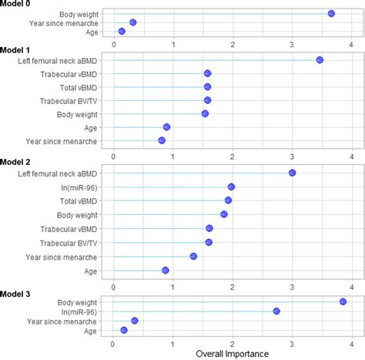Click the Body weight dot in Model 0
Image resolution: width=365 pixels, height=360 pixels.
pyautogui.click(x=331, y=14)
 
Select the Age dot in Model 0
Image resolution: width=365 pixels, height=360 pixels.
pyautogui.click(x=122, y=31)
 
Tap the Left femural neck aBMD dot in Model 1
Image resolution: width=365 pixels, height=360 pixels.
pyautogui.click(x=320, y=60)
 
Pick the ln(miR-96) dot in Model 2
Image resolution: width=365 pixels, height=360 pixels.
pyautogui.click(x=231, y=187)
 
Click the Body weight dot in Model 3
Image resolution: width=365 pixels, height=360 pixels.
pyautogui.click(x=343, y=301)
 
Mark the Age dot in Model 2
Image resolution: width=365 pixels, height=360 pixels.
pyautogui.click(x=166, y=270)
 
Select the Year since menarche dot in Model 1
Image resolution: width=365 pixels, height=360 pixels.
pyautogui.click(x=162, y=140)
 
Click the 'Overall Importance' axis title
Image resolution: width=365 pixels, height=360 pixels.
pyautogui.click(x=232, y=354)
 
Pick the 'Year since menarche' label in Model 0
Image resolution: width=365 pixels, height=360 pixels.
pyautogui.click(x=66, y=22)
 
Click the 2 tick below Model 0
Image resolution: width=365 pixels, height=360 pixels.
pyautogui.click(x=232, y=43)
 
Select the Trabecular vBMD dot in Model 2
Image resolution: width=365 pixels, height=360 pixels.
pyautogui.click(x=209, y=228)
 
